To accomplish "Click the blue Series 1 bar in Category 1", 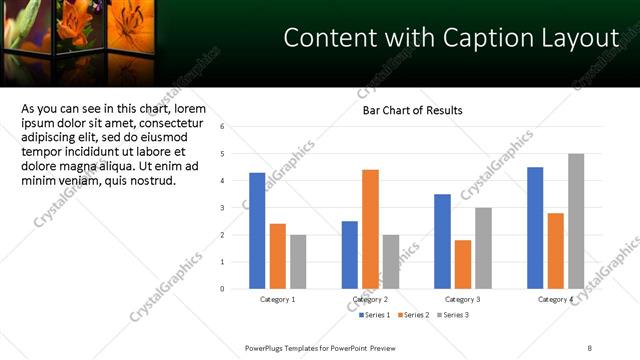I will (257, 231).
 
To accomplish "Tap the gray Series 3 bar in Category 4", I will (576, 221).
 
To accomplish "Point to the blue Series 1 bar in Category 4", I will (535, 228).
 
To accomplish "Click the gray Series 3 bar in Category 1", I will (298, 262).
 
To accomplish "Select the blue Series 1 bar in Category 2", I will (349, 255).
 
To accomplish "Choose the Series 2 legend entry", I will (411, 315).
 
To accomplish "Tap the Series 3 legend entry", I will (450, 315).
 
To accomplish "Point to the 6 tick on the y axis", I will (236, 127).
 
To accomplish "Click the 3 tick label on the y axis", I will (236, 208).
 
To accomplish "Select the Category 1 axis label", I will (277, 299).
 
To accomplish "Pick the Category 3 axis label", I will (462, 299).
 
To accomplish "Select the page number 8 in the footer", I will (589, 347).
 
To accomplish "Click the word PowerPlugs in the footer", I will (268, 347).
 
